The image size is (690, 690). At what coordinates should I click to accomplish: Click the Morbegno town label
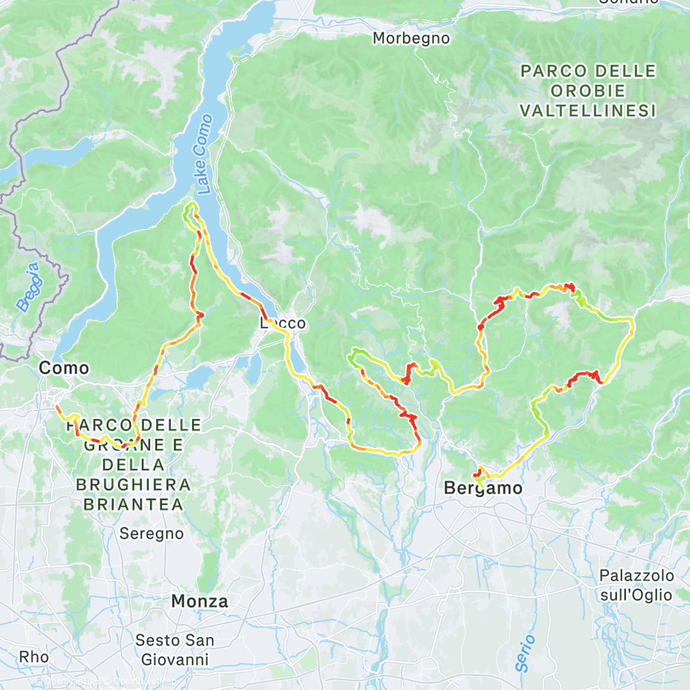tap(411, 39)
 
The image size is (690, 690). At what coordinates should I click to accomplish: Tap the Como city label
tap(64, 368)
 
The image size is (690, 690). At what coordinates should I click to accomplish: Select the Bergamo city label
tap(482, 489)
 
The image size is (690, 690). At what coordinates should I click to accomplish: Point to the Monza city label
tap(199, 601)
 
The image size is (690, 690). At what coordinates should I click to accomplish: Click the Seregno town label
tap(152, 533)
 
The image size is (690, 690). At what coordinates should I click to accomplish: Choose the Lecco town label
tap(282, 323)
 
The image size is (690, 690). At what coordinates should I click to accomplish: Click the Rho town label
tap(34, 656)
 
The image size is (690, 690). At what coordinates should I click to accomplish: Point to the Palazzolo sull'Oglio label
tap(635, 585)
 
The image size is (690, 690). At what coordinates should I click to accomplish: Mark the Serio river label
tap(525, 653)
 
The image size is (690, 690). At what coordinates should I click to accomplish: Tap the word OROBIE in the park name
tap(587, 90)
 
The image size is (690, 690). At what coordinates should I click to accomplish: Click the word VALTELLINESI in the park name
tap(587, 110)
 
